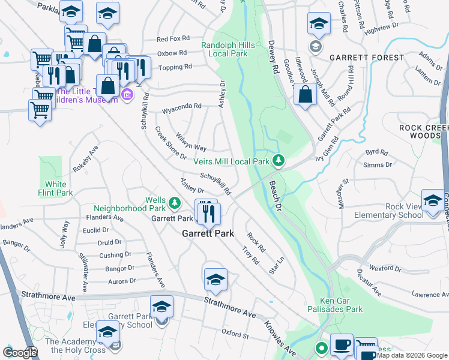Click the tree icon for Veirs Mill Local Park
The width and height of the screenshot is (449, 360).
point(278,161)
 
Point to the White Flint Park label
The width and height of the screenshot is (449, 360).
point(55,188)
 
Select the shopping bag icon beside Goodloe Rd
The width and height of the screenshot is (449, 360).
point(306,95)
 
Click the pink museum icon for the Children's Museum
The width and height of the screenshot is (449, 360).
point(127,94)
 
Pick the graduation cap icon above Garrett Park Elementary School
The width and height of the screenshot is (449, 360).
point(161,307)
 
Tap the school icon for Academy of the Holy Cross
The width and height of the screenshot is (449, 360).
point(108,332)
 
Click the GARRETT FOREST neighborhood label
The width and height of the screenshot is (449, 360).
point(366,58)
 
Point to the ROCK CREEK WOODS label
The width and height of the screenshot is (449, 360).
point(424,132)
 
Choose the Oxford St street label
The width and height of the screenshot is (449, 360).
point(235,334)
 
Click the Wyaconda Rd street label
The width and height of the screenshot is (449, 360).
point(181,108)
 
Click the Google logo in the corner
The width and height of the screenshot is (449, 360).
point(20,353)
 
